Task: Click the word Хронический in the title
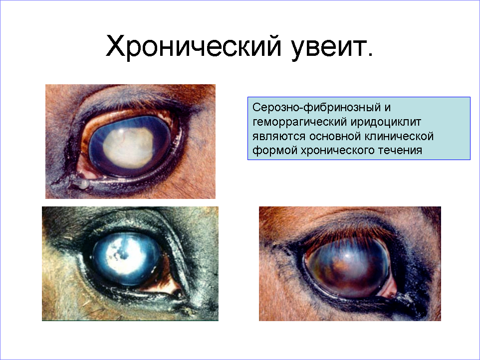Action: tap(193, 46)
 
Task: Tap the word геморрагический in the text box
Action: tap(300, 122)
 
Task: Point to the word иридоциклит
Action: tap(386, 122)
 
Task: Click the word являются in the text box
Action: tap(279, 137)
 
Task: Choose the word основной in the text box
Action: tap(335, 137)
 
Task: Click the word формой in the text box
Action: tap(274, 151)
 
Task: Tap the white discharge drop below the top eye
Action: tap(83, 183)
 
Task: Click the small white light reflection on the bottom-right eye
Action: tap(347, 255)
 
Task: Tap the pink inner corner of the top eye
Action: tap(85, 169)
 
